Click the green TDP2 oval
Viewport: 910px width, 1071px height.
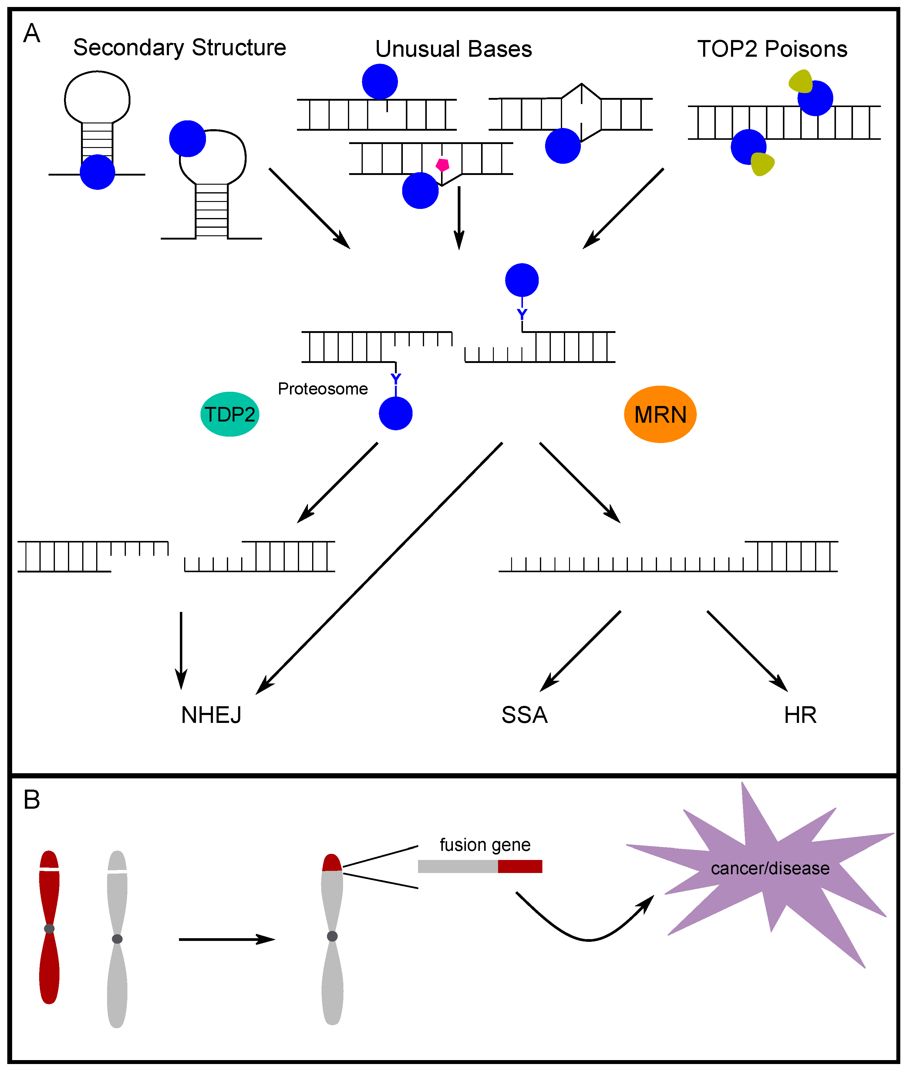tap(230, 414)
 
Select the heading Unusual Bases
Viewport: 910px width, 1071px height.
tap(453, 49)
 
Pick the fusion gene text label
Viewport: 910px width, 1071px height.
tap(485, 844)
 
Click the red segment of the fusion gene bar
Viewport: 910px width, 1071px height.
tap(520, 867)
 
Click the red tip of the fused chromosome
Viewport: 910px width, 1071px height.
tap(332, 863)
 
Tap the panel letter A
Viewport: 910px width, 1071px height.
tap(32, 34)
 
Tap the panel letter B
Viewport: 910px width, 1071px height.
tap(32, 800)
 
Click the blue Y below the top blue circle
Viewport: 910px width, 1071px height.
tap(522, 314)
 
